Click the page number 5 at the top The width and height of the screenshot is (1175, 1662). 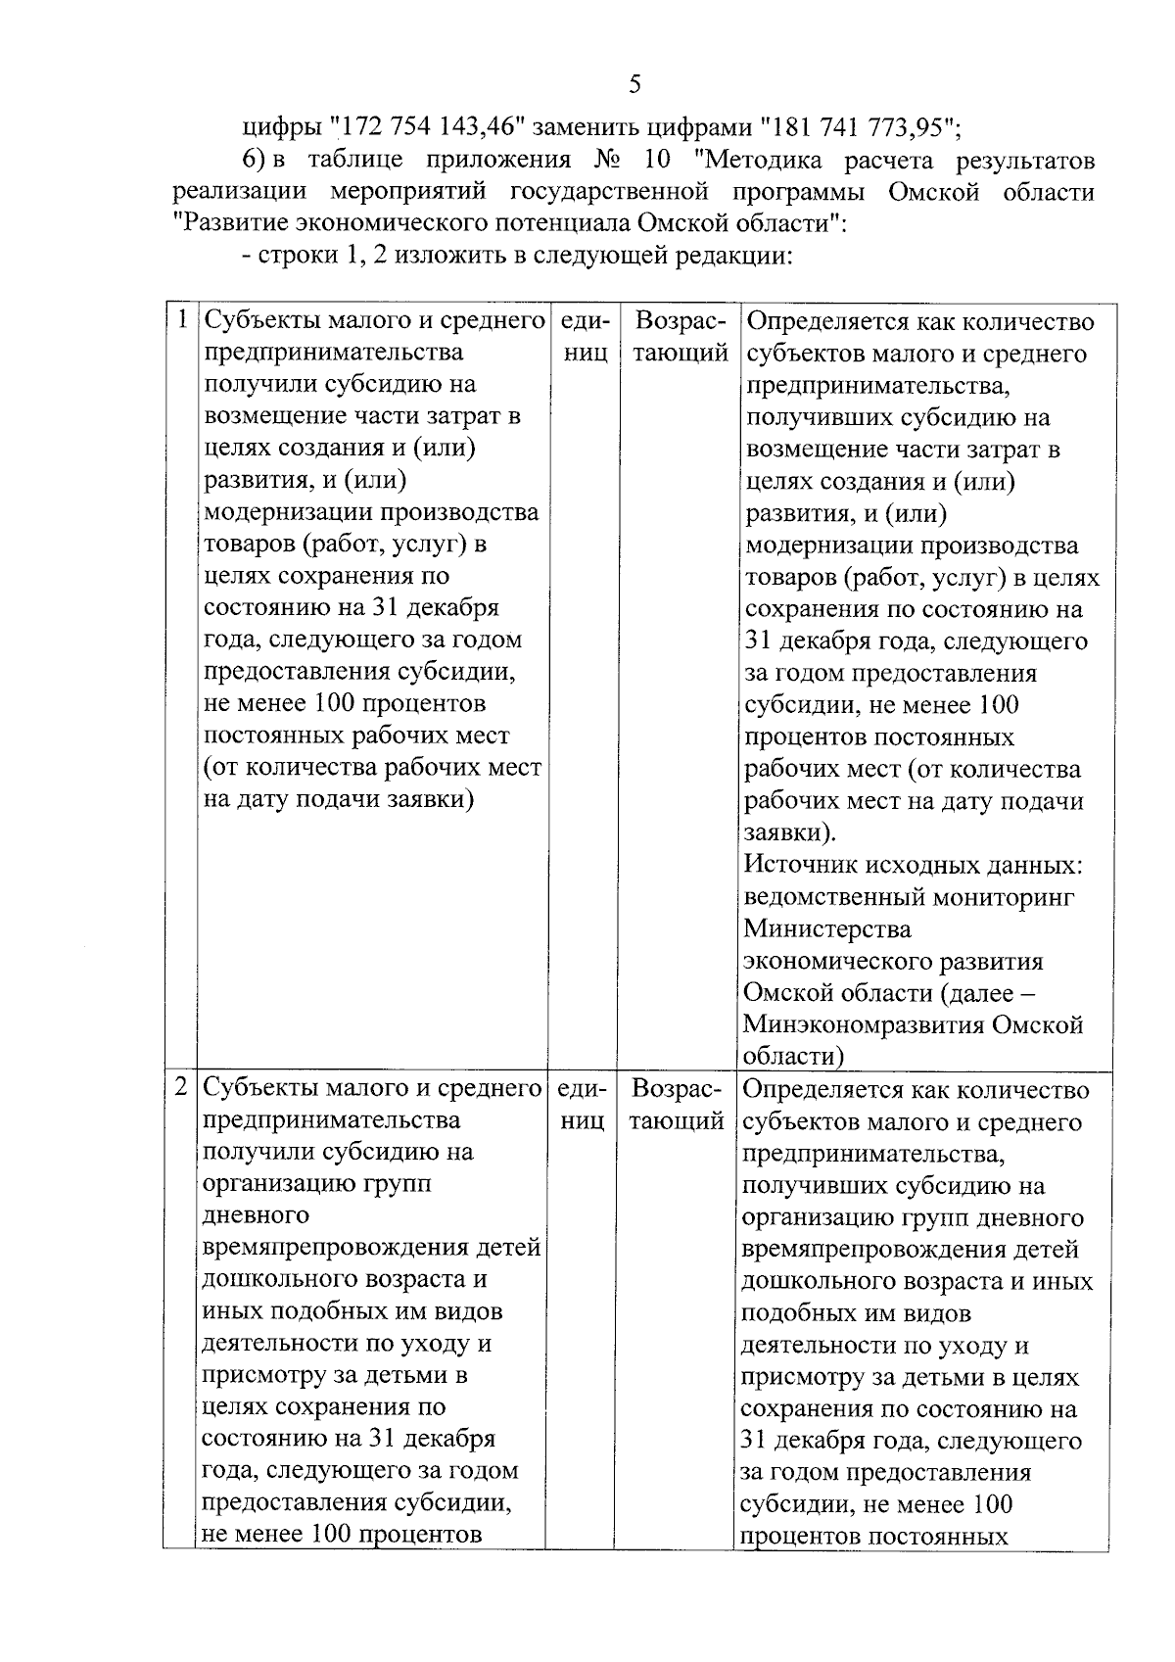click(634, 84)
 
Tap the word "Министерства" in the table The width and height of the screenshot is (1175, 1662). click(827, 928)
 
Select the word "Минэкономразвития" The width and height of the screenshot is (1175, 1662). click(863, 1024)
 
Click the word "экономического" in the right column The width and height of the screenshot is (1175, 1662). click(842, 961)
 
